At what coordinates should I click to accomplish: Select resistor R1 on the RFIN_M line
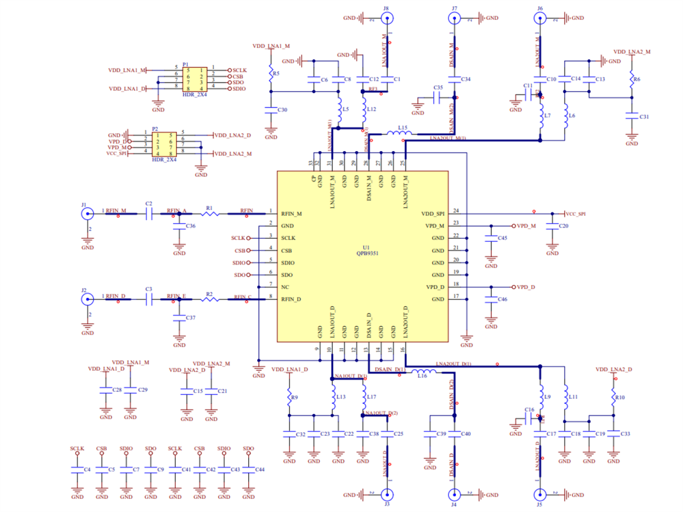pos(209,214)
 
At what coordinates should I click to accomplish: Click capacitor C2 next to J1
pos(149,214)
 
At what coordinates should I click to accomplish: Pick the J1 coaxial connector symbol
pos(87,214)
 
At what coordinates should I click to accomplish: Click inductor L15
pos(400,135)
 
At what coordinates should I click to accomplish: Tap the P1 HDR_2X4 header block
pos(194,79)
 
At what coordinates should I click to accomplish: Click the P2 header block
pos(163,144)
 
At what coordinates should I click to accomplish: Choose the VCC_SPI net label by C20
pos(575,214)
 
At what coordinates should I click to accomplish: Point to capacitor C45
pos(491,239)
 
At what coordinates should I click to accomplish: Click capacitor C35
pos(437,98)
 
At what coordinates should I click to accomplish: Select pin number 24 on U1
pos(455,211)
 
